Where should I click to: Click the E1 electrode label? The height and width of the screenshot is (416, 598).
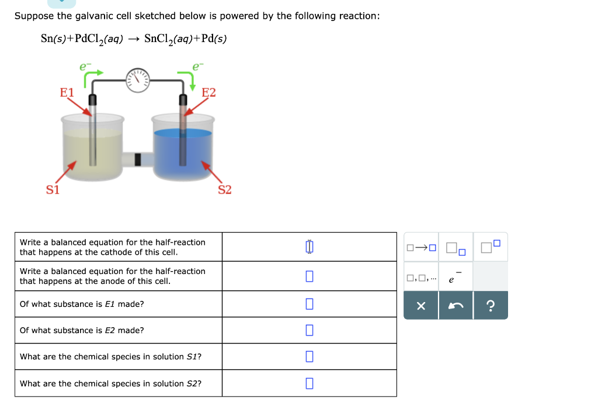(67, 92)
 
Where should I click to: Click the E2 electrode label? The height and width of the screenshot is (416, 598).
(208, 92)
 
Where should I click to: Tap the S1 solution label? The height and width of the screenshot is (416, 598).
(53, 190)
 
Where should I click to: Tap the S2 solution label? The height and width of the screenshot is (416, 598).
(225, 190)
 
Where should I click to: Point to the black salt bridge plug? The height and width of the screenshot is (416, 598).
(138, 159)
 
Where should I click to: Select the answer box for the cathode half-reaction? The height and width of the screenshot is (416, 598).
(309, 247)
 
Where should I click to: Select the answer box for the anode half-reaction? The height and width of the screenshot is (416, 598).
(309, 276)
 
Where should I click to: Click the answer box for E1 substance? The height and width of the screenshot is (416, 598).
(309, 304)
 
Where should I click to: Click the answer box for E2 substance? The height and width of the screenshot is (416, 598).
(309, 330)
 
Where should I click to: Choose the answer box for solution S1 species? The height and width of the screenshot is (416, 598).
(309, 356)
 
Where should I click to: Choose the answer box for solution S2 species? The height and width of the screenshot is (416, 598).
(309, 383)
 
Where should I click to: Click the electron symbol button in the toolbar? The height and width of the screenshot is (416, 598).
(455, 277)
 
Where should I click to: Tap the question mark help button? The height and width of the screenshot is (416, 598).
(491, 306)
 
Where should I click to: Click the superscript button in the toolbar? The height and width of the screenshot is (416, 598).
(491, 248)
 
